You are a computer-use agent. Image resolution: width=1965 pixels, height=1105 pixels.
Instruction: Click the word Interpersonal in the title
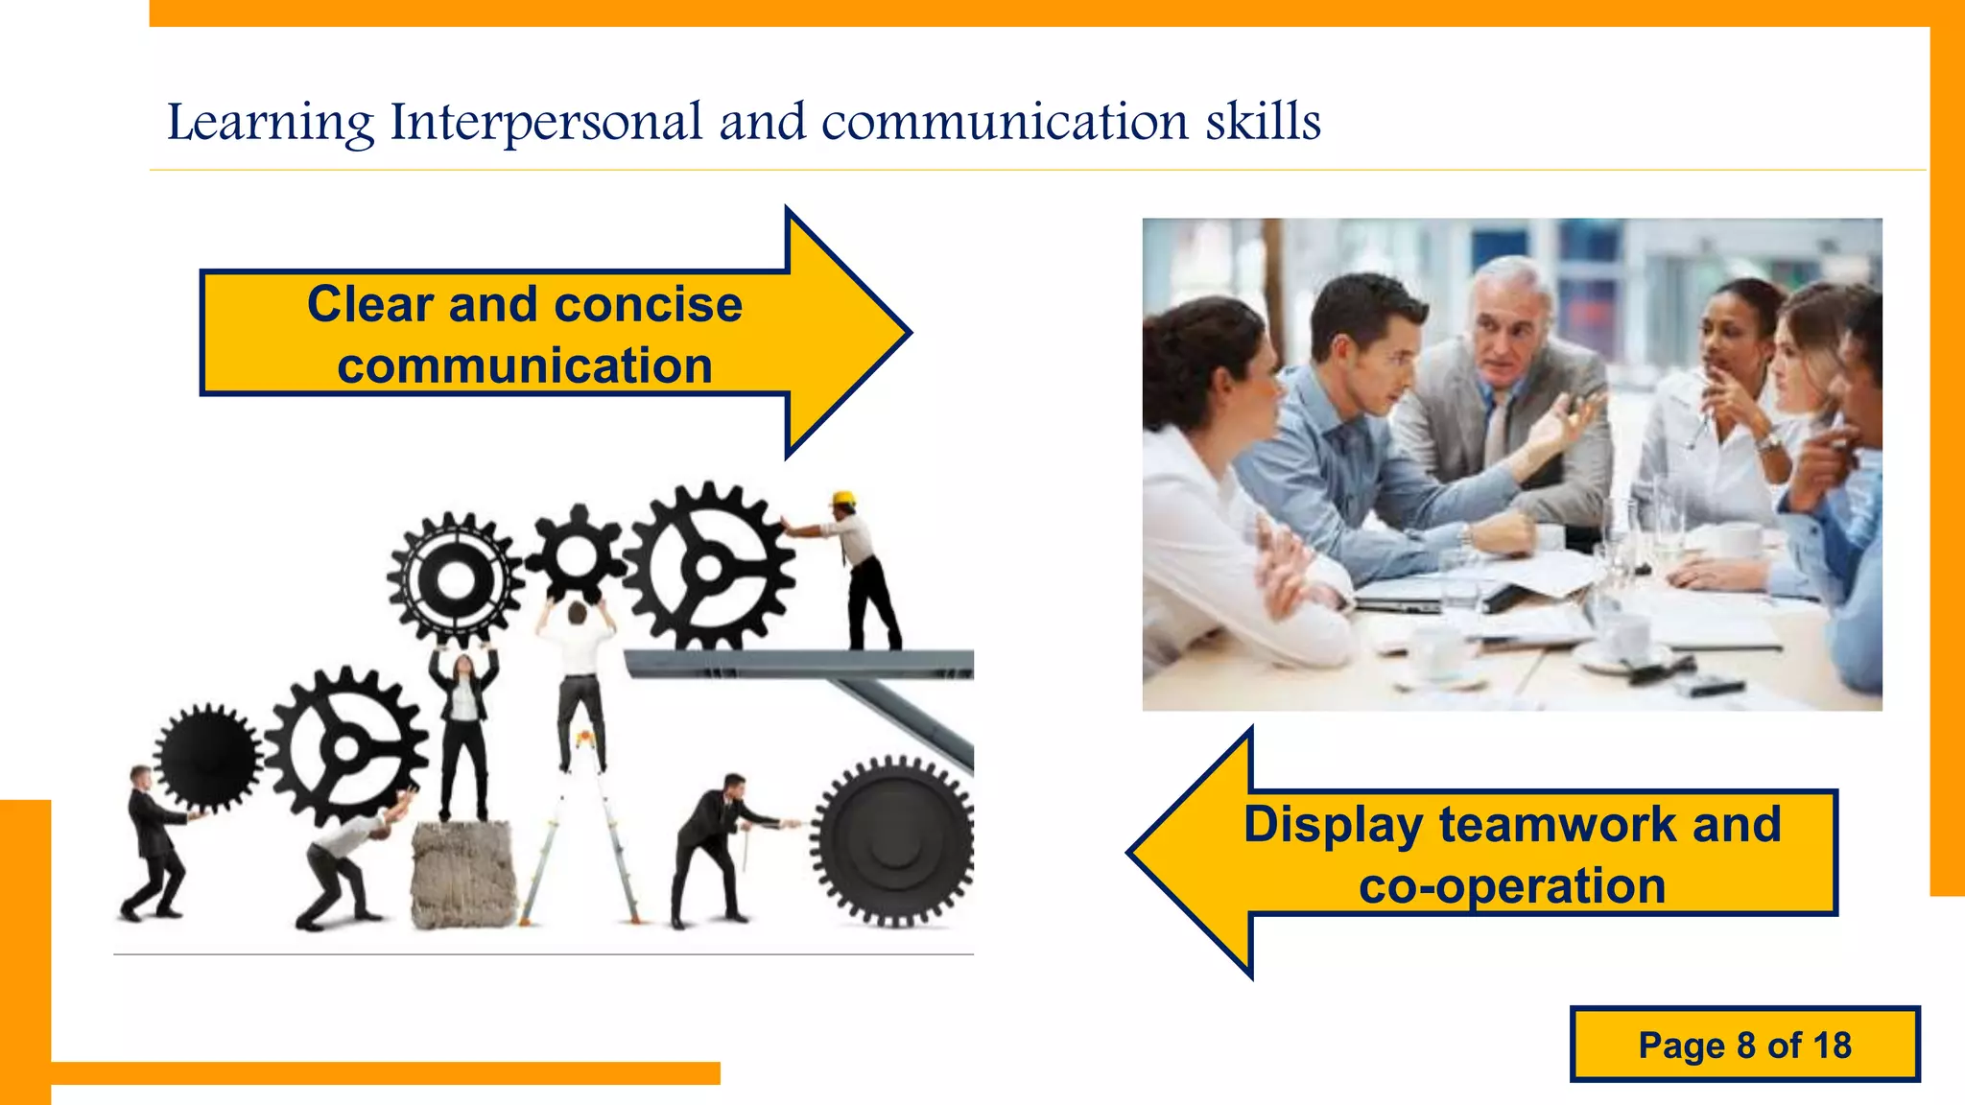pos(546,123)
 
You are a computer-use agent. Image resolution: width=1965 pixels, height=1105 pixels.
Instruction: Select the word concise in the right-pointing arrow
pos(648,305)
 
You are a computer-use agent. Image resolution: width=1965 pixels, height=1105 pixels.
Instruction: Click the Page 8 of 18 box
pos(1744,1045)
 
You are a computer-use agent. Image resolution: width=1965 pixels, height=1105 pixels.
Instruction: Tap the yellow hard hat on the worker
pos(843,499)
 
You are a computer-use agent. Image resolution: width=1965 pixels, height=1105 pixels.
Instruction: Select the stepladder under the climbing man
pos(581,835)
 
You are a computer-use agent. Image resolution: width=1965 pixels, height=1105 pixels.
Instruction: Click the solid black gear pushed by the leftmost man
pos(207,758)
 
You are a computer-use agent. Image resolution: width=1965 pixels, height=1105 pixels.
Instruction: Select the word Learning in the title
pos(271,123)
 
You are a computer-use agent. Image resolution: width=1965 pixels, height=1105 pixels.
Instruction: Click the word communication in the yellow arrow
pos(525,366)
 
